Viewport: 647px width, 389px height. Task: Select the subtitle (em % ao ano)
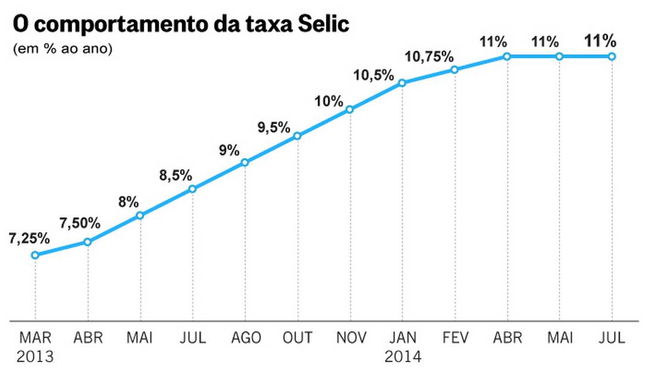[x=63, y=49]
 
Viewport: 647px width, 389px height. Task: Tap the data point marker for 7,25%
[x=35, y=255]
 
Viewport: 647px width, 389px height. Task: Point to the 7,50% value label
[x=80, y=224]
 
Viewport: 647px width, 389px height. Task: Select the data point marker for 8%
[x=140, y=215]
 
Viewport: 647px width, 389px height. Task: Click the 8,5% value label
[x=175, y=175]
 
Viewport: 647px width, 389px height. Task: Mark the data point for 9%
[x=245, y=162]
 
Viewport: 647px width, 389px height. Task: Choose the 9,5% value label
[x=273, y=127]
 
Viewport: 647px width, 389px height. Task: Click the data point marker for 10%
[x=350, y=109]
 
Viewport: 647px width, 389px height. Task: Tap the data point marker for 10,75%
[x=455, y=70]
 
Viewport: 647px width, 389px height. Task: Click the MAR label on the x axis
[x=35, y=338]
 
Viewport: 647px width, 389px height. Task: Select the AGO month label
[x=245, y=338]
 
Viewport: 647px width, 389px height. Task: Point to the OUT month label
[x=297, y=338]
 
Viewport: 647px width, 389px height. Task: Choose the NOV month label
[x=350, y=338]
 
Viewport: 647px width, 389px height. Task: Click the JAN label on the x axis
[x=402, y=338]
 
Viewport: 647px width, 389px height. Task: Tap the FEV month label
[x=455, y=338]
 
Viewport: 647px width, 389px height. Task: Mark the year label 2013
[x=35, y=357]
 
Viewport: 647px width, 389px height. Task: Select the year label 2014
[x=403, y=357]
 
